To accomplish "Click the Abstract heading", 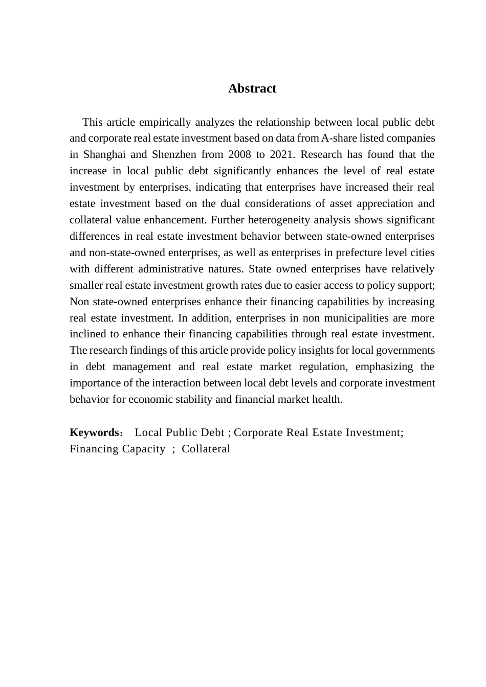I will pyautogui.click(x=252, y=88).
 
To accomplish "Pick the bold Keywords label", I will pyautogui.click(x=94, y=432).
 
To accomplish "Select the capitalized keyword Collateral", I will pyautogui.click(x=206, y=449).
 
